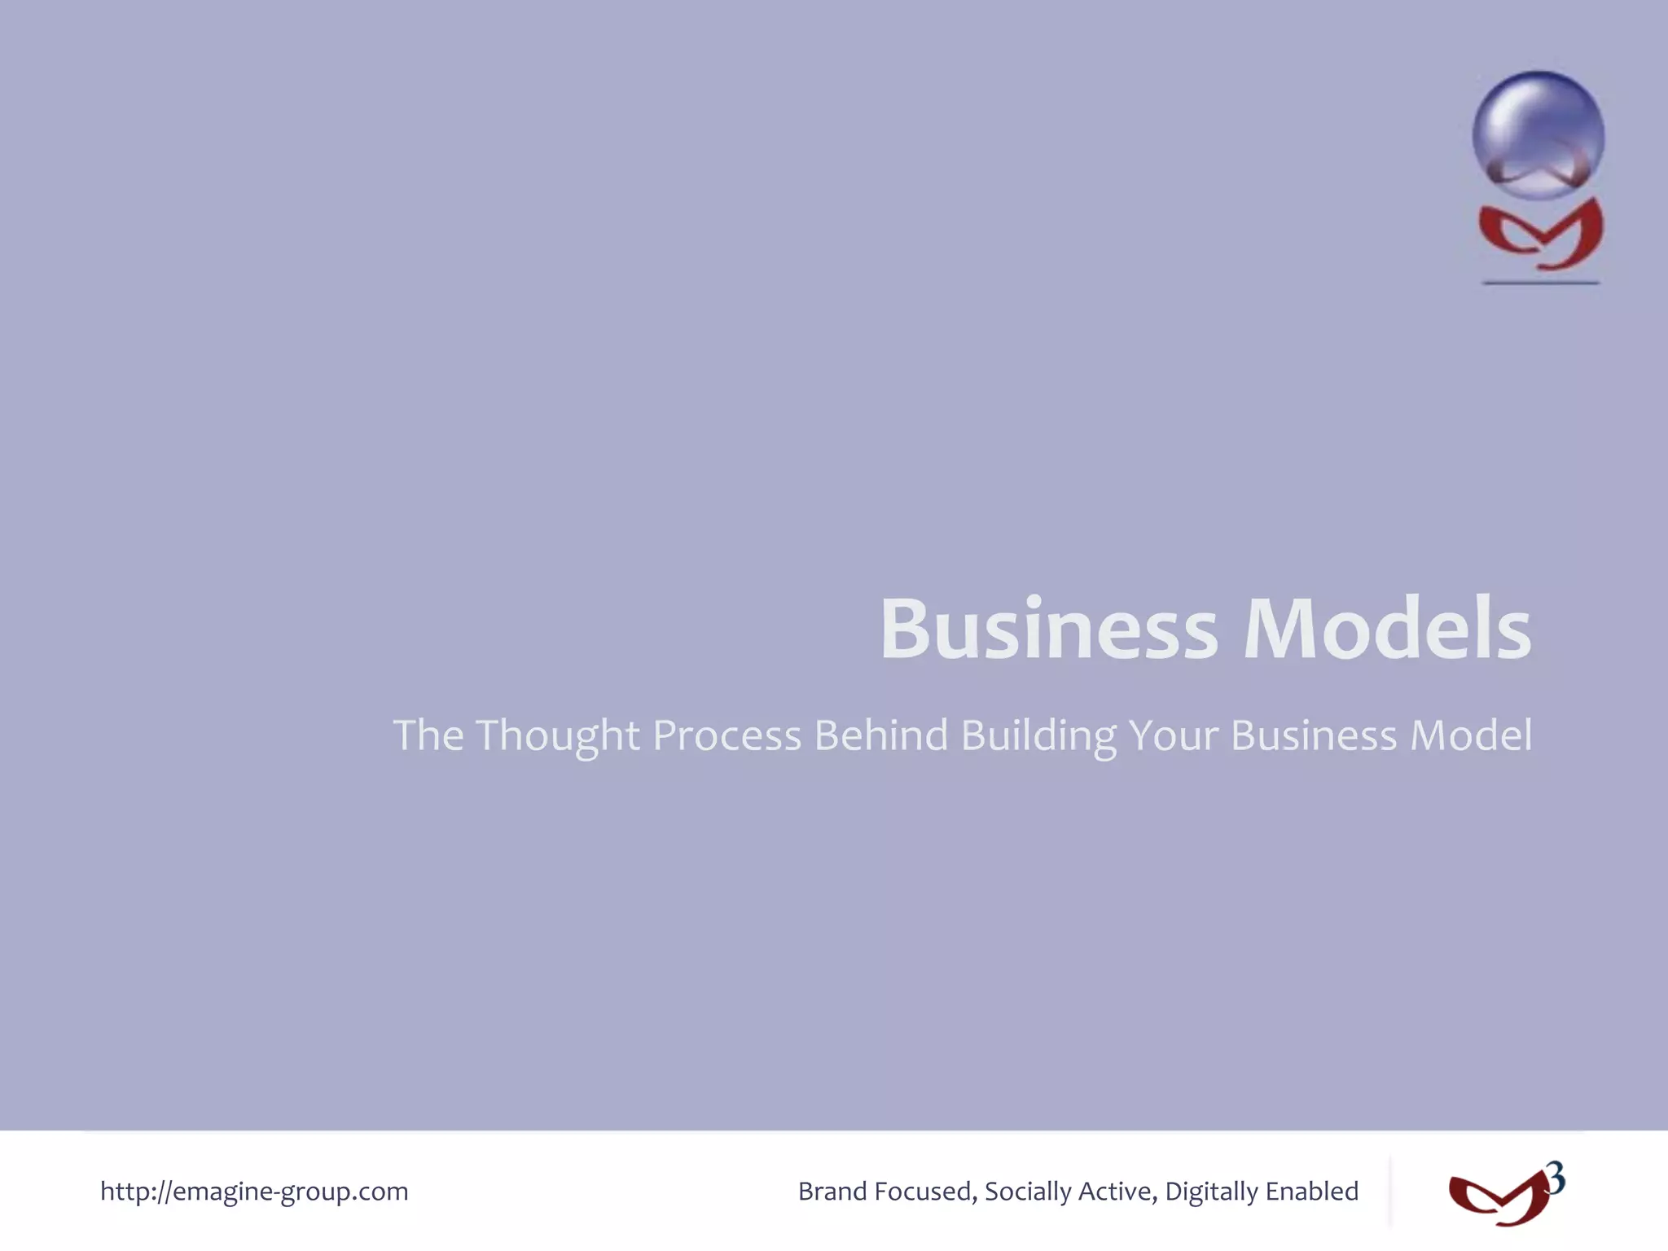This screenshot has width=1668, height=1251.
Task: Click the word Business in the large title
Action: (x=1048, y=630)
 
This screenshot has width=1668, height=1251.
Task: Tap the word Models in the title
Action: (x=1387, y=630)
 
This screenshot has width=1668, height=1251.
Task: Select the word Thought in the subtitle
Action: (x=558, y=736)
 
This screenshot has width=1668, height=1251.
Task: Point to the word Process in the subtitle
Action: (x=726, y=736)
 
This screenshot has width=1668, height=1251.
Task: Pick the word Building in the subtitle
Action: (x=1038, y=736)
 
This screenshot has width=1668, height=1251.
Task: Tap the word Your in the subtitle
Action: (x=1174, y=735)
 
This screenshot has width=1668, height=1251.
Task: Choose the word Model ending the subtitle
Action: (x=1471, y=735)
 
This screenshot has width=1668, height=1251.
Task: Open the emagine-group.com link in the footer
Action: (x=254, y=1192)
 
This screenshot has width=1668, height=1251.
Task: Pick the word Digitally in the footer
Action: (x=1211, y=1192)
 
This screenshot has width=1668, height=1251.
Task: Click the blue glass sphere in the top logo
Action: (x=1538, y=134)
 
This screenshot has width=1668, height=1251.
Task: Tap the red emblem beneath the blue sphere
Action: (x=1540, y=235)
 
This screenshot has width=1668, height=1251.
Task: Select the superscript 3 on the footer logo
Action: (x=1556, y=1179)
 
